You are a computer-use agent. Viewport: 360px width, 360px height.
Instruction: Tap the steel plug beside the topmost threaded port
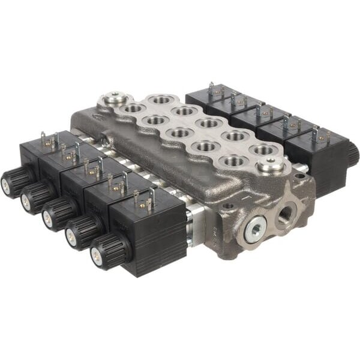pyautogui.click(x=116, y=98)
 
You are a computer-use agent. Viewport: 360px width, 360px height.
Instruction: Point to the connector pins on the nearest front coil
pyautogui.click(x=144, y=197)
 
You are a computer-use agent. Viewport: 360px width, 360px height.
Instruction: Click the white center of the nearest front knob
pyautogui.click(x=95, y=256)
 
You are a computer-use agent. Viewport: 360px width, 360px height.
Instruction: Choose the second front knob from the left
pyautogui.click(x=34, y=197)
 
